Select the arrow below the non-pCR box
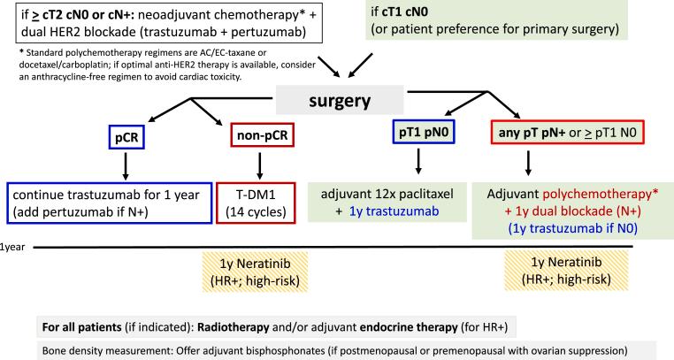(257, 165)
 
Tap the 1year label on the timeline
(11, 248)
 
